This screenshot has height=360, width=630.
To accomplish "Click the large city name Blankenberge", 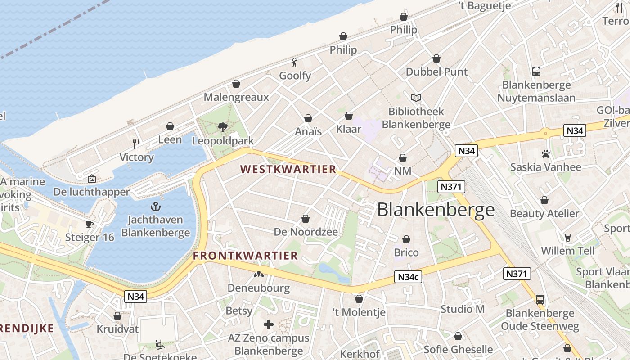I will [x=436, y=210].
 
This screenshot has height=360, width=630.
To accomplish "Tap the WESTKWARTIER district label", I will [x=288, y=169].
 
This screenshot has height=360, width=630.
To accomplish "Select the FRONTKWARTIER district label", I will [x=246, y=256].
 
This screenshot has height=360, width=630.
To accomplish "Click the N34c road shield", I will [x=408, y=277].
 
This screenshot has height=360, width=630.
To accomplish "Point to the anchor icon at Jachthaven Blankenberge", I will [x=155, y=207].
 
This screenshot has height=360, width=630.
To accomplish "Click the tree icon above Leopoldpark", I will [x=222, y=127].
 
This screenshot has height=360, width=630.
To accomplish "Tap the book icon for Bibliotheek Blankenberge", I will [x=416, y=98].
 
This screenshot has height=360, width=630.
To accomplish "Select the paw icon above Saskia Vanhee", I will [x=546, y=154].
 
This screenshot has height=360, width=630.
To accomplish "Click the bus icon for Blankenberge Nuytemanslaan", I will [x=536, y=71].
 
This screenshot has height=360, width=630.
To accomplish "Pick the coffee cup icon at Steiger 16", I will [x=90, y=224].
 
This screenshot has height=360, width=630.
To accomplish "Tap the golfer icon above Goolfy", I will [x=295, y=63].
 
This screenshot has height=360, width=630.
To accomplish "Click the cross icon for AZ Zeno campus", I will [x=269, y=324].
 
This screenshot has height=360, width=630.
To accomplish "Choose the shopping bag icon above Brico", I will [x=406, y=239].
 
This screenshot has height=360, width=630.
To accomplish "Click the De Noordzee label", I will [x=306, y=232].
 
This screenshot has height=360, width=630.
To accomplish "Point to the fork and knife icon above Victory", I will [x=136, y=144].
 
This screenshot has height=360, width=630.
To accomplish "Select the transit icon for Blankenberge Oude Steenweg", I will [x=540, y=299].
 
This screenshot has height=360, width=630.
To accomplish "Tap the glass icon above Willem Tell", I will [x=567, y=238].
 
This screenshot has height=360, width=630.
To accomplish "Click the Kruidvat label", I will [x=118, y=329].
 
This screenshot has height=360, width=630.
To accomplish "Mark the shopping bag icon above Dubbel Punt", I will [x=436, y=58].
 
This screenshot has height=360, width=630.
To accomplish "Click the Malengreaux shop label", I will [x=236, y=97].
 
